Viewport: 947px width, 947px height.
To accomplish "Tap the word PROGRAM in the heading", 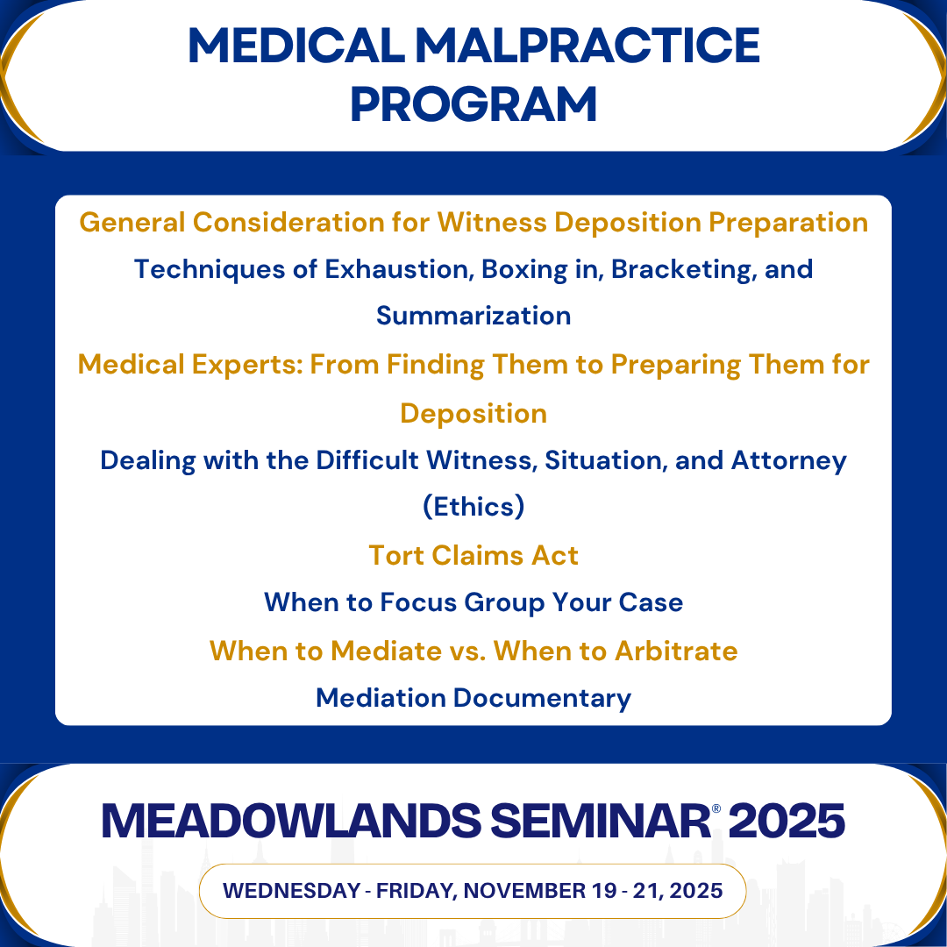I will pyautogui.click(x=473, y=104).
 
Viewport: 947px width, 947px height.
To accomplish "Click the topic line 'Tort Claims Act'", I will pyautogui.click(x=473, y=556).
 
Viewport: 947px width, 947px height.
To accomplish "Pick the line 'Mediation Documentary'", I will pyautogui.click(x=473, y=698).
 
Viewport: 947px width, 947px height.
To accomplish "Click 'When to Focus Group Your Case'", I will pyautogui.click(x=473, y=603).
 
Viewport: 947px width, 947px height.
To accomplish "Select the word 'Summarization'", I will pyautogui.click(x=473, y=316).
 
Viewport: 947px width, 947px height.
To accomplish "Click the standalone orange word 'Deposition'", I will pyautogui.click(x=473, y=414).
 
